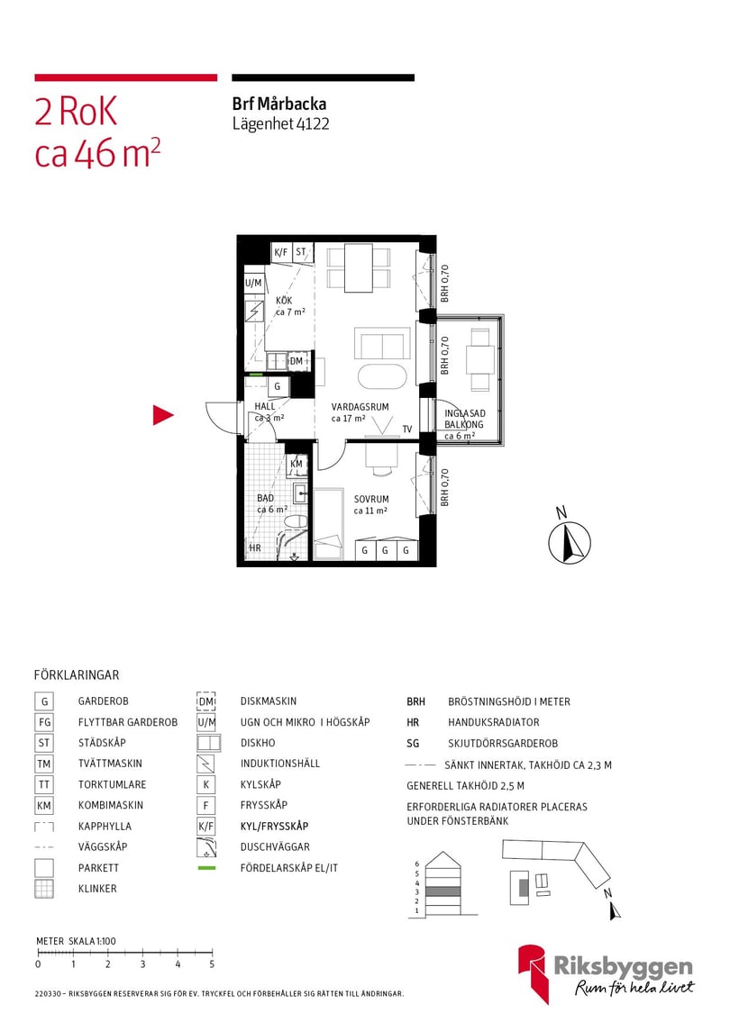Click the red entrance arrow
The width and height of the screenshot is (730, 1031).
point(162,415)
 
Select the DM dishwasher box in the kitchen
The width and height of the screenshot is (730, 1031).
point(297,361)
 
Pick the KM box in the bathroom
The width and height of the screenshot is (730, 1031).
point(297,465)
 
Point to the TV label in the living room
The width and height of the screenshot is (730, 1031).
point(407,430)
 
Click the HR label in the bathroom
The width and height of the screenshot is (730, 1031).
point(255,547)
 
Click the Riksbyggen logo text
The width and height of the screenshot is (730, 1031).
point(634,968)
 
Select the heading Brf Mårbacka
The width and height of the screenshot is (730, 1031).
point(278,104)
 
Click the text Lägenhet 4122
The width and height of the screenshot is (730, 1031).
point(280,124)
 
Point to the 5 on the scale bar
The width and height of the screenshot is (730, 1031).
point(212,964)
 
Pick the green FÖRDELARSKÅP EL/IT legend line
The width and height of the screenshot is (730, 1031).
point(207,868)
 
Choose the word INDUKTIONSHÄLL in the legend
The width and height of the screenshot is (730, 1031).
point(280,764)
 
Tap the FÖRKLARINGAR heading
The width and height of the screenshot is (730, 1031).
point(77,674)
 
